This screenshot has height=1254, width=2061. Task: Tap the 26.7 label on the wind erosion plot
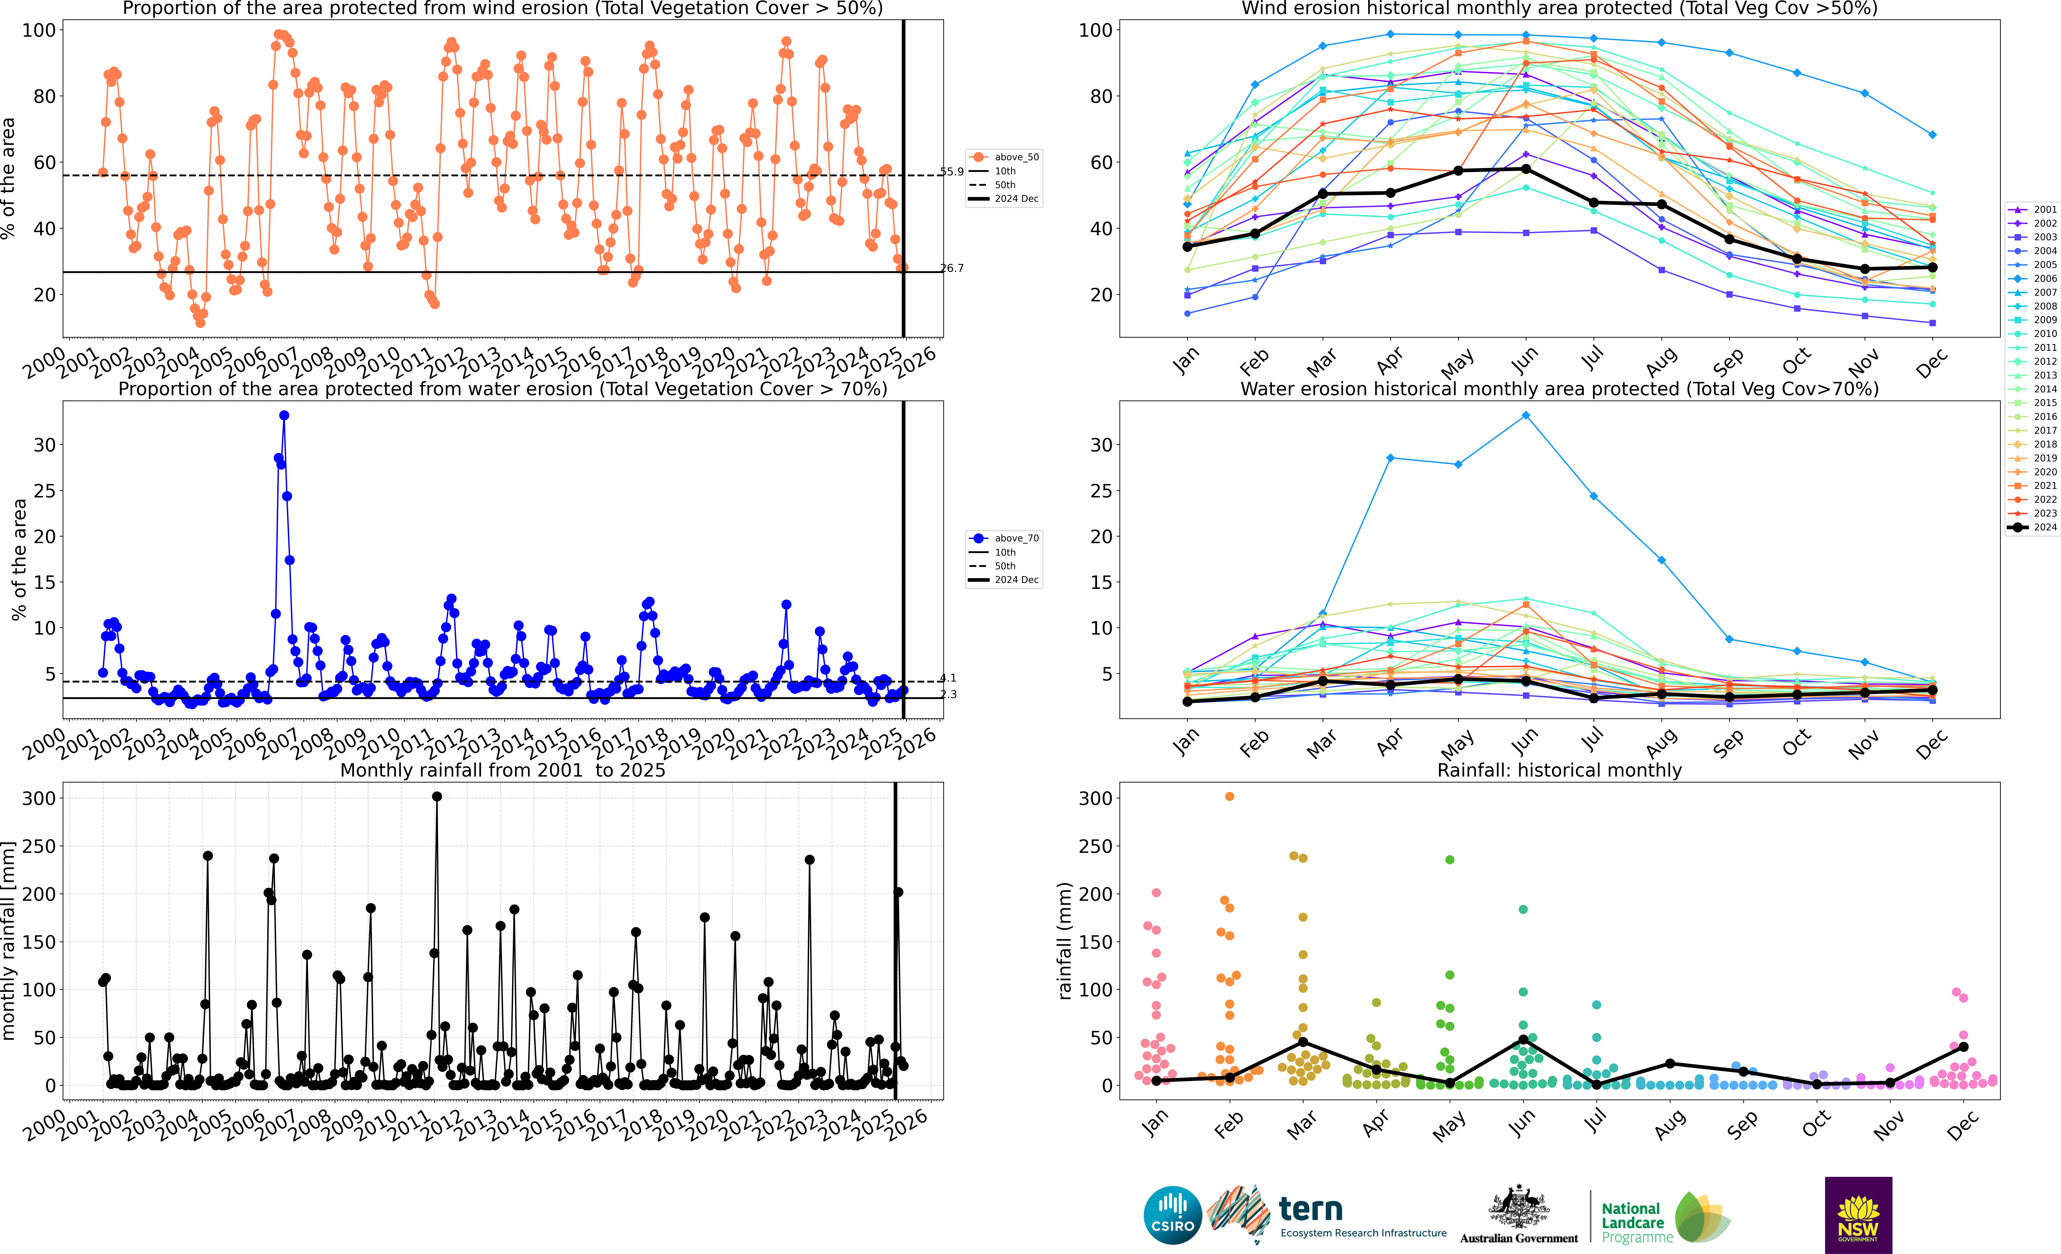(x=952, y=268)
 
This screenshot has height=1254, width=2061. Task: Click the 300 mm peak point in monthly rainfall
(x=437, y=797)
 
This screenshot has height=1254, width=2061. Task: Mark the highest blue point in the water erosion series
(x=284, y=415)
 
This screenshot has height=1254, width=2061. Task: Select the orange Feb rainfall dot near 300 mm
(x=1230, y=797)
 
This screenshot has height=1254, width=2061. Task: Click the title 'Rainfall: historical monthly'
(x=1559, y=770)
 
